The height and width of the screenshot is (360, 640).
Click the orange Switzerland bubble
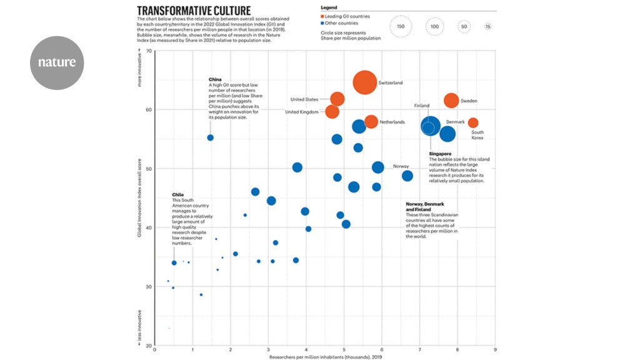(364, 82)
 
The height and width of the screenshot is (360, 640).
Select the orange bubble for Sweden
(451, 100)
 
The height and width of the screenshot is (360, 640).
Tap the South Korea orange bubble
(473, 122)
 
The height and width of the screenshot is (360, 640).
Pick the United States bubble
(337, 99)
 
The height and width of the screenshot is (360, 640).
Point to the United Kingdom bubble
(332, 112)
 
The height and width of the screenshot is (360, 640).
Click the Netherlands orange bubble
(371, 121)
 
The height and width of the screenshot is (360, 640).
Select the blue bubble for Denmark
(447, 134)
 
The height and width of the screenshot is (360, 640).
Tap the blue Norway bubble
(378, 167)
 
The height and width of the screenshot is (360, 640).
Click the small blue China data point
(210, 137)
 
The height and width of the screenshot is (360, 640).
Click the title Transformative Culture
(194, 11)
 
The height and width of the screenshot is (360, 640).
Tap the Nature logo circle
(57, 62)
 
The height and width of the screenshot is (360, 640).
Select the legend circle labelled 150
(401, 27)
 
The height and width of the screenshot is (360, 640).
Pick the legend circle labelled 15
(488, 27)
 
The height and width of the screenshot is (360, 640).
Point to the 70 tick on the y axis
(149, 51)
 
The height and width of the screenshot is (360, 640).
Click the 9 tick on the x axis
(495, 350)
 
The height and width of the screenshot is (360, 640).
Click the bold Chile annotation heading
(177, 194)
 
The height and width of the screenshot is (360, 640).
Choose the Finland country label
(421, 106)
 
